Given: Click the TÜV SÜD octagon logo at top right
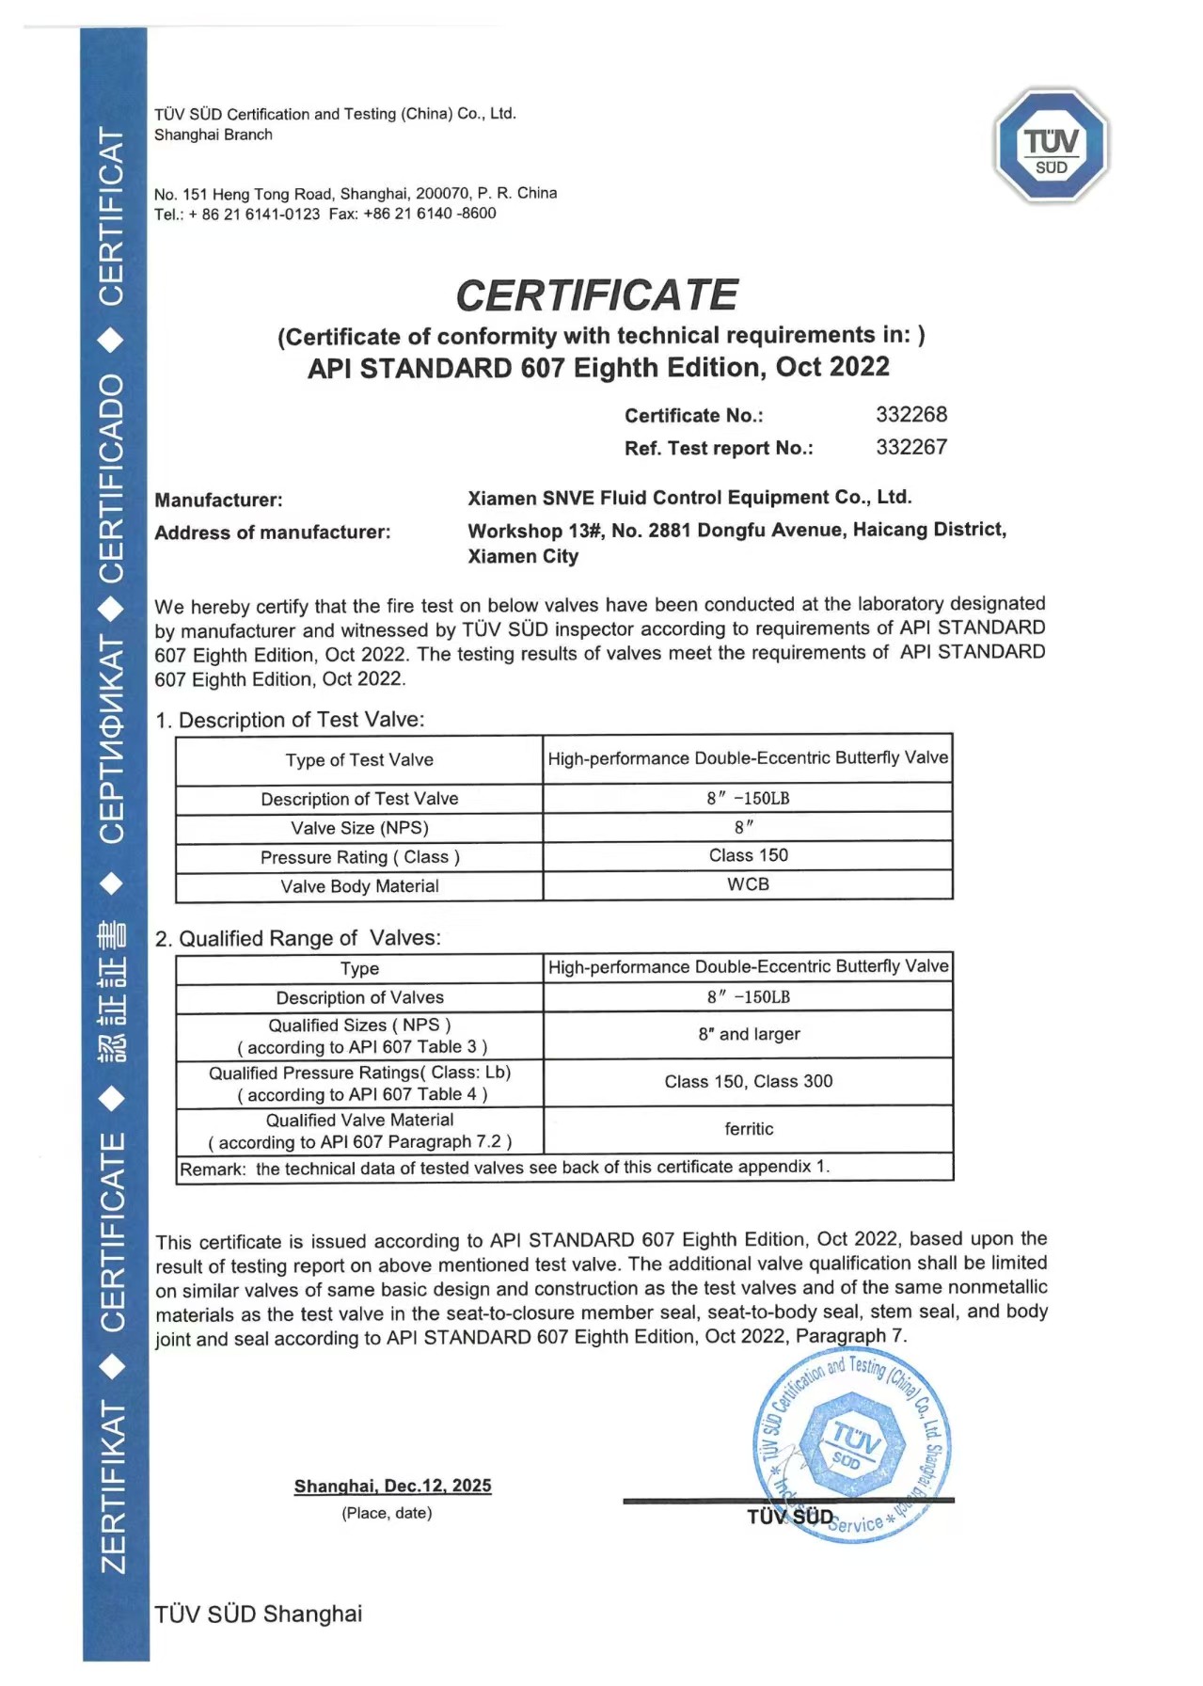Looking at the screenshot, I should coord(1052,146).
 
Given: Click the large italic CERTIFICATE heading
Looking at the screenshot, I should coord(596,295).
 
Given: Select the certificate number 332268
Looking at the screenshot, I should coord(910,415).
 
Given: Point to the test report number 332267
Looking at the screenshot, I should coord(910,447).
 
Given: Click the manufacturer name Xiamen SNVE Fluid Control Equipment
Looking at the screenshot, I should coord(689,498).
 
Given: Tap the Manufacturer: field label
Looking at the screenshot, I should coord(218,500).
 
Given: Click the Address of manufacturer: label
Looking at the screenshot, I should coord(272,533).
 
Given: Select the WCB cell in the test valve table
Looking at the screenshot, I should coord(748,884).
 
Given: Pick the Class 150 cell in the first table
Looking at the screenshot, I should coord(748,855).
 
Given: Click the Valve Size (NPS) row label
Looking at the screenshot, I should coord(359,828).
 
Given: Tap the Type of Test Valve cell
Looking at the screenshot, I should coord(359,760).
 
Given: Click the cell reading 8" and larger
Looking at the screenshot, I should coord(748,1034).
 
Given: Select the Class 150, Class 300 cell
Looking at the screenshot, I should coord(748,1082).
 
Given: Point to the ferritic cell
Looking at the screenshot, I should coord(748,1129).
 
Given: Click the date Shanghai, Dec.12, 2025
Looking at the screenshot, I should coord(392,1486).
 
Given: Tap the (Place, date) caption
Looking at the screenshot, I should coord(387,1513).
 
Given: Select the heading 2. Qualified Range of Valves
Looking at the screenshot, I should coord(297,938).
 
